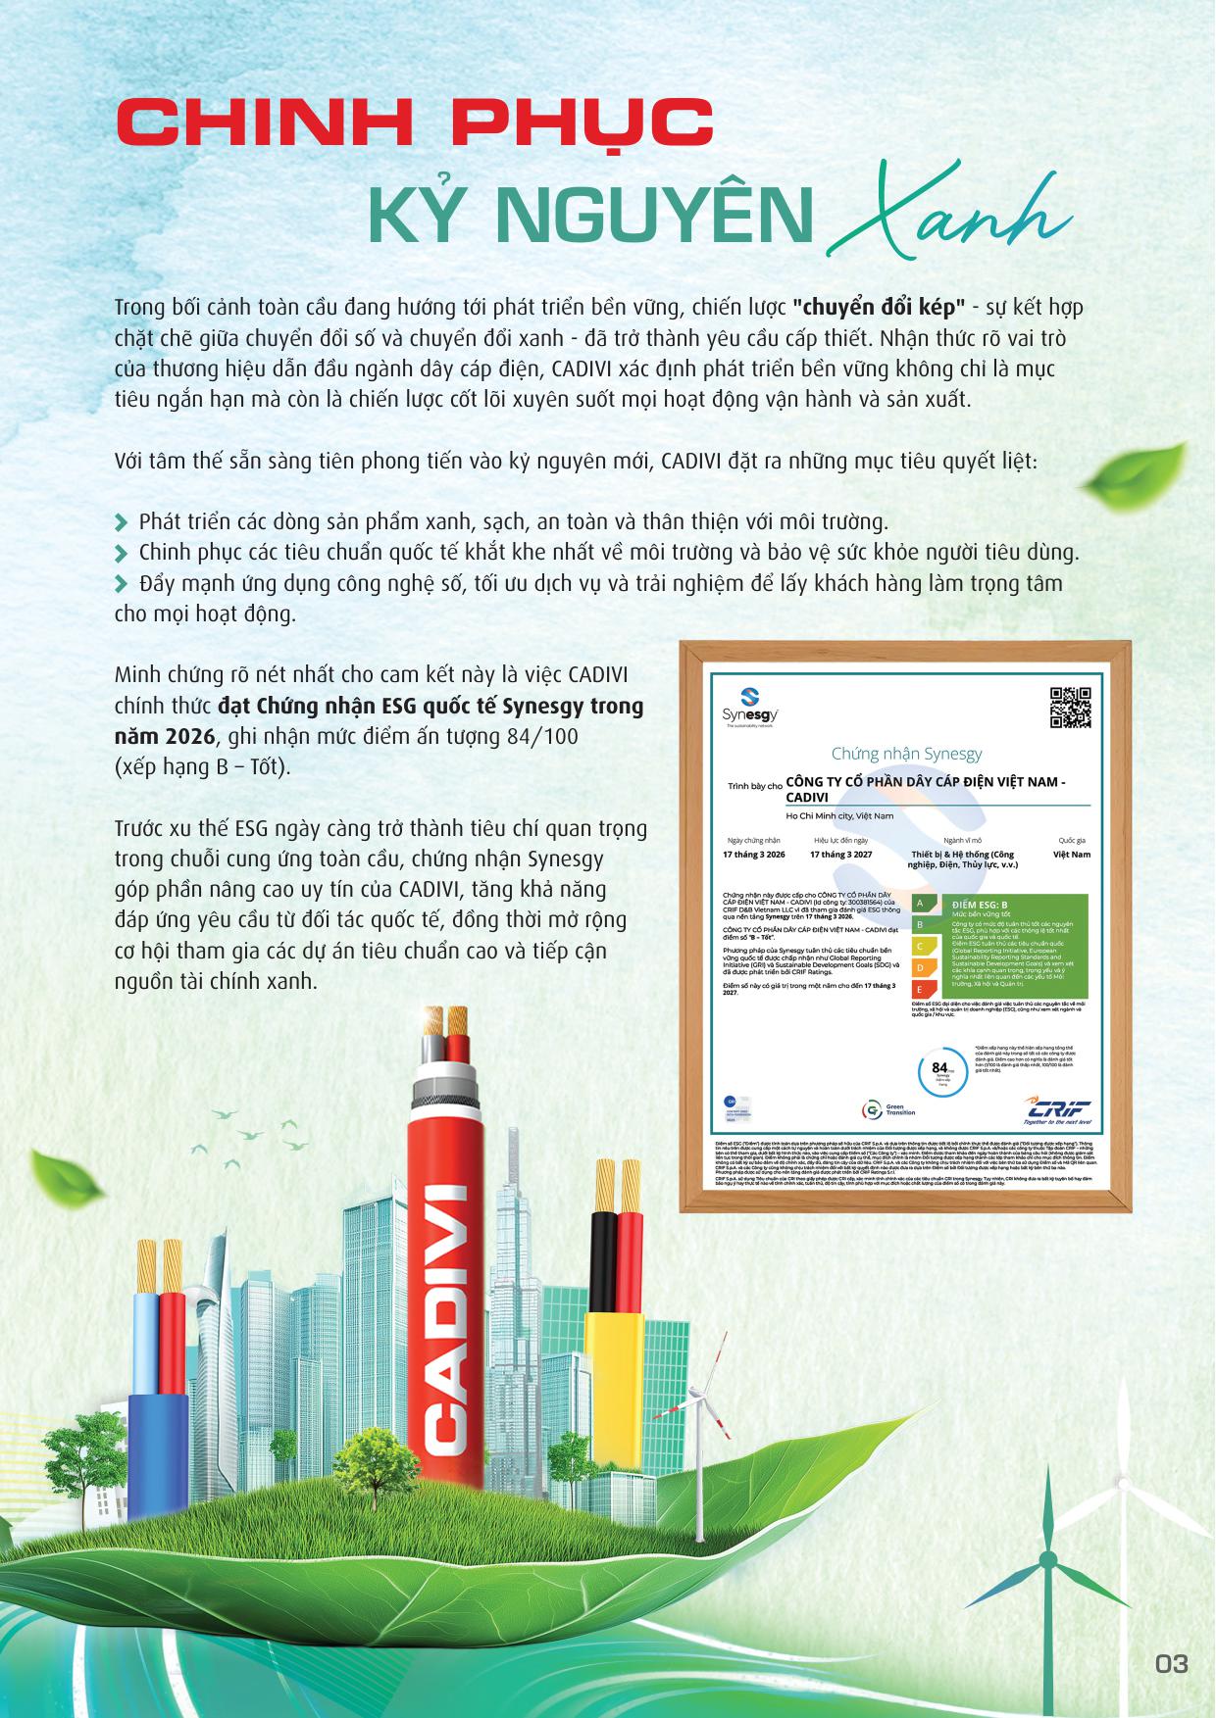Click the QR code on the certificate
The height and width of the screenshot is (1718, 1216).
click(x=1070, y=708)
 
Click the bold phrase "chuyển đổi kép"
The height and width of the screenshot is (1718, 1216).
click(x=865, y=307)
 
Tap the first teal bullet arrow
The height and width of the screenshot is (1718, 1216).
click(x=122, y=520)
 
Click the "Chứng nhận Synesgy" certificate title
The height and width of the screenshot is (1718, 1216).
click(x=906, y=754)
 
